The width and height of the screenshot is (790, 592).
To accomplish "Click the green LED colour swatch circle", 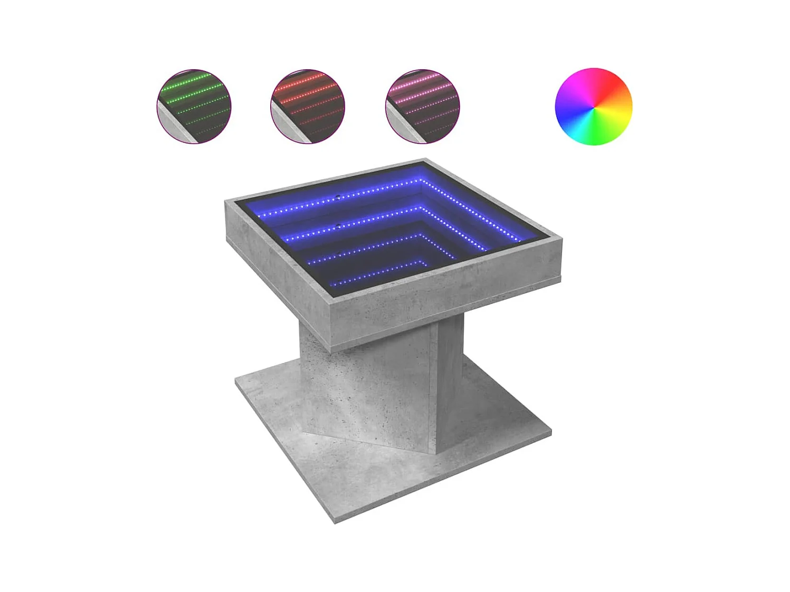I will point(194,106).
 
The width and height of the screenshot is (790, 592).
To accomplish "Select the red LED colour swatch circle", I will point(308,106).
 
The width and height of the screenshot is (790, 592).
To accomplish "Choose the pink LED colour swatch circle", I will point(423,106).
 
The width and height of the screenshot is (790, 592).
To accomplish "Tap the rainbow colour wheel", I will point(593,106).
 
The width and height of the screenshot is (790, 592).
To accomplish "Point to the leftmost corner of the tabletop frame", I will point(227,202).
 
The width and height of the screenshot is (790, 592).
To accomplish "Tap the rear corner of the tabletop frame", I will point(424,159).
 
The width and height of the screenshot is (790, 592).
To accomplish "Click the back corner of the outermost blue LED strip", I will point(422,180).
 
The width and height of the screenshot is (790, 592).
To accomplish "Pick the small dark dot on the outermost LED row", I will point(339,198).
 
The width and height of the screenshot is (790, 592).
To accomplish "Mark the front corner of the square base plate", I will point(335,521).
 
